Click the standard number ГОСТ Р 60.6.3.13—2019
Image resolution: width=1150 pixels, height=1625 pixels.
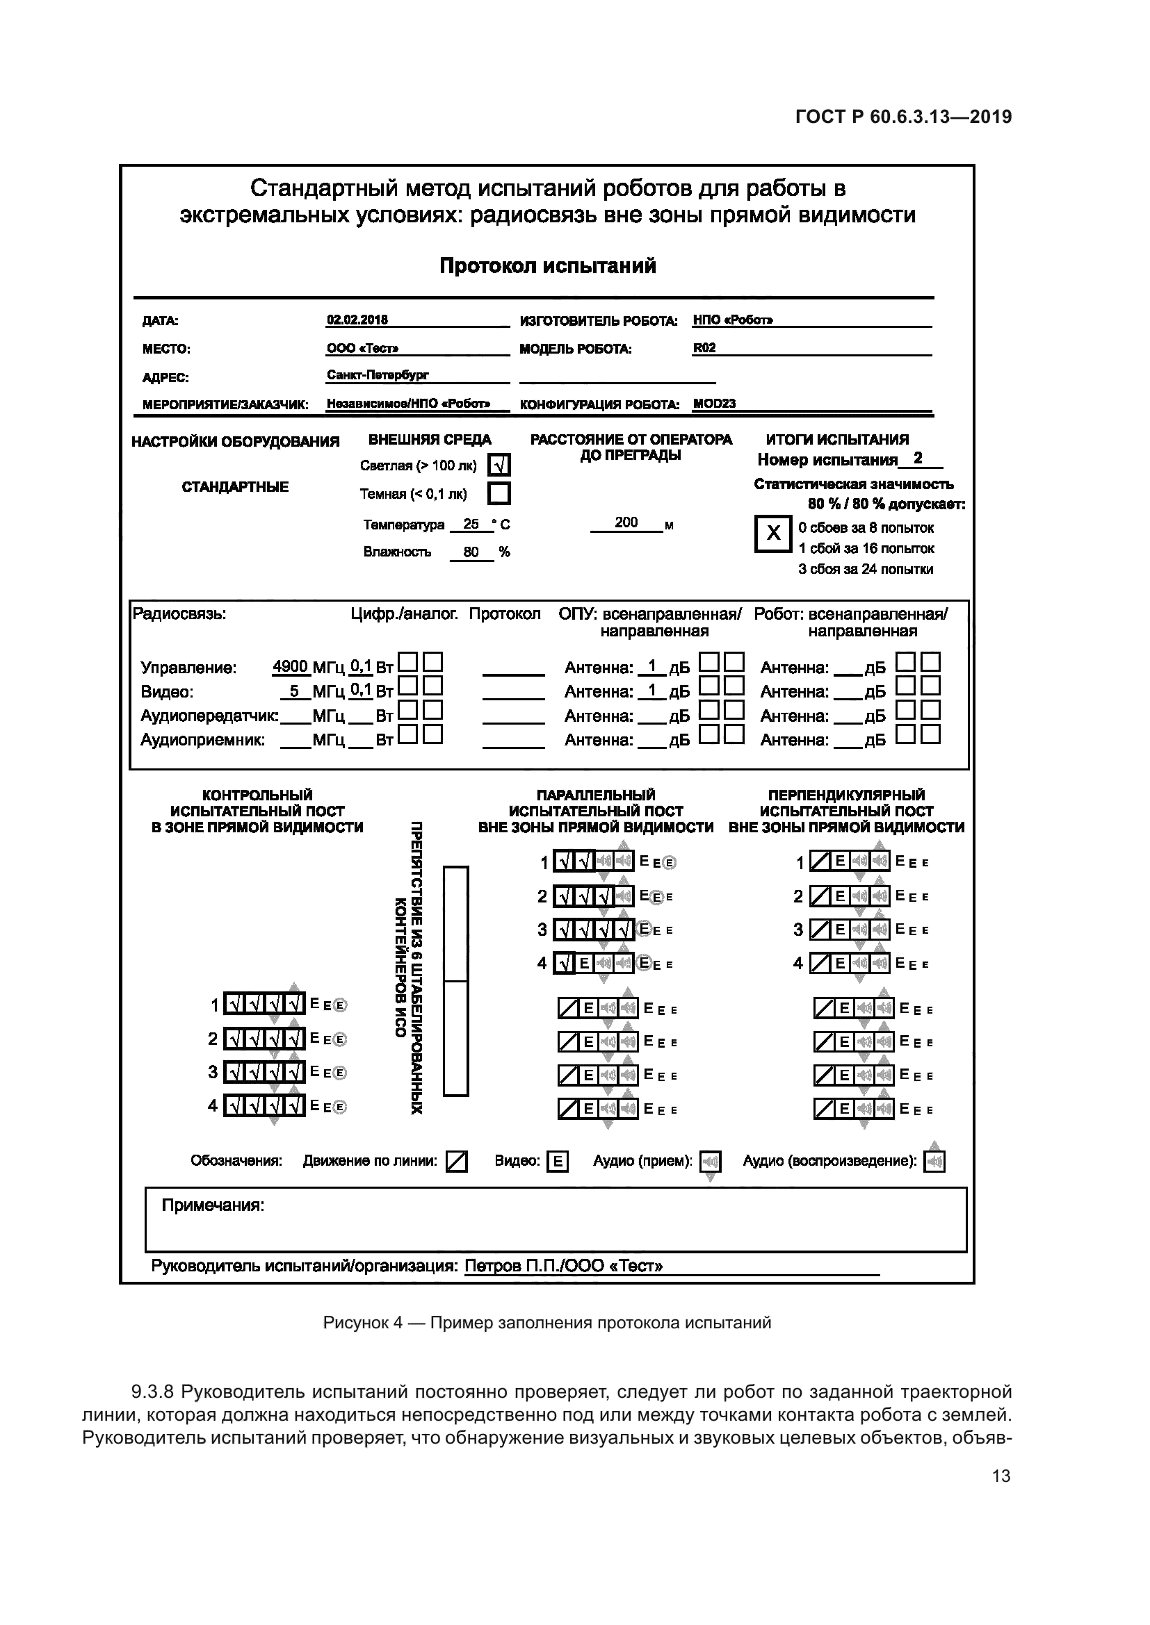tap(904, 117)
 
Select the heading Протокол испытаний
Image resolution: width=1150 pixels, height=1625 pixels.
tap(547, 266)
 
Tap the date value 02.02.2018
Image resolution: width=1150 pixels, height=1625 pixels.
tap(357, 320)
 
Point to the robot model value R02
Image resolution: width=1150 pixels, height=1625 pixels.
tap(704, 348)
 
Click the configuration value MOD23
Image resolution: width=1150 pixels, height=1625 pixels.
tap(714, 404)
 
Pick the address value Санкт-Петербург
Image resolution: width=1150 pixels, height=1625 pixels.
tap(378, 375)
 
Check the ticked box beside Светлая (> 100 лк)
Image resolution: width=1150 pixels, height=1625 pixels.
tap(499, 465)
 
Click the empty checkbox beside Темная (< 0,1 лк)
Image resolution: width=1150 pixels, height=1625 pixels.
tap(499, 493)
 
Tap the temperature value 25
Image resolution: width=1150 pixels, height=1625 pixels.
tap(470, 525)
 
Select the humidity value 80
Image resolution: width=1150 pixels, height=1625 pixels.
tap(471, 552)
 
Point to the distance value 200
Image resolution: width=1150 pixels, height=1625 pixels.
tap(626, 522)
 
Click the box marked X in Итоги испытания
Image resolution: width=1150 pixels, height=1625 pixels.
tap(773, 534)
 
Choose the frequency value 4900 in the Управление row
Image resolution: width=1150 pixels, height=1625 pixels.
tap(291, 667)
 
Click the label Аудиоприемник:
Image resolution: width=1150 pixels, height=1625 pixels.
tap(202, 741)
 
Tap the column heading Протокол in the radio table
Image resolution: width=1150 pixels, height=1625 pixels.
tap(504, 614)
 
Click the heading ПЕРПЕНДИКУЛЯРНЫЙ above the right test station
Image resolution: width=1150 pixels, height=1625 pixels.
tap(846, 795)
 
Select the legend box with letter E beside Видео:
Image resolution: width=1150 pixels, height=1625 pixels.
tap(558, 1162)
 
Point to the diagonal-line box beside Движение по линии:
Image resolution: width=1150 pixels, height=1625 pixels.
tap(457, 1162)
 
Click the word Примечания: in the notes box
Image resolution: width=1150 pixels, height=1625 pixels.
tap(213, 1205)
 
